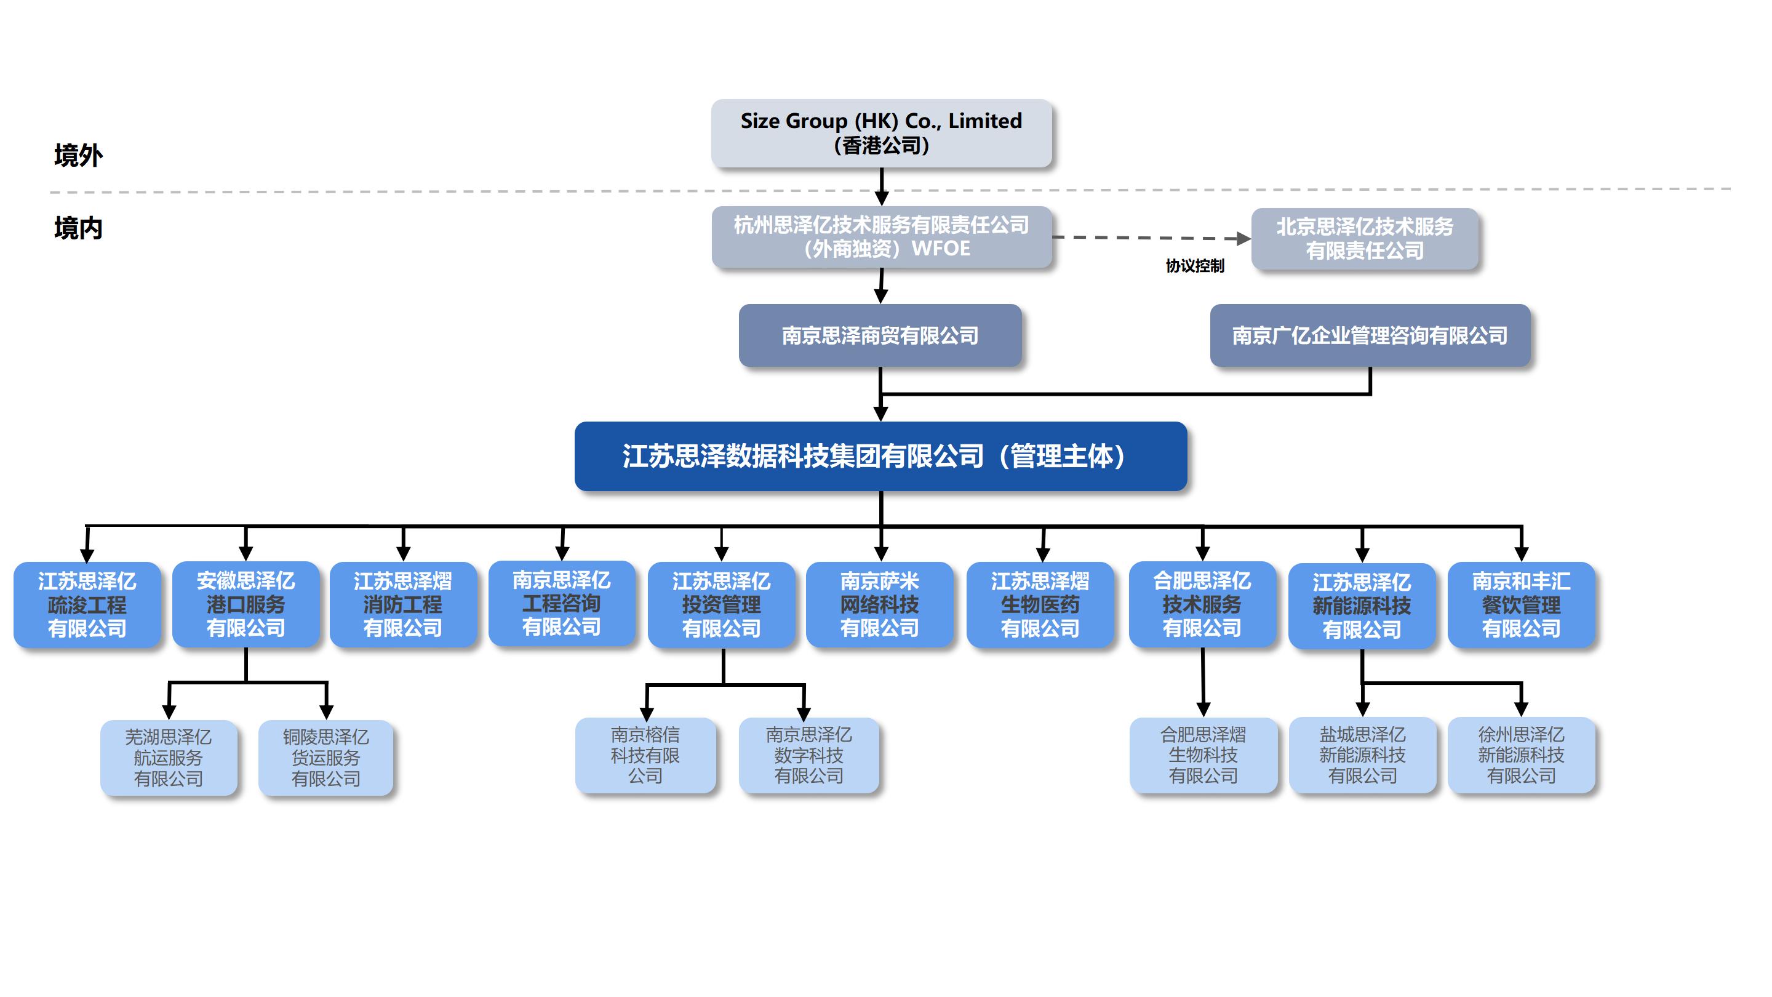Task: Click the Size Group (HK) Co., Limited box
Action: click(x=881, y=133)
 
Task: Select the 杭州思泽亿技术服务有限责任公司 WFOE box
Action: click(x=881, y=237)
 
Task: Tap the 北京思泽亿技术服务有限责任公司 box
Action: click(x=1364, y=238)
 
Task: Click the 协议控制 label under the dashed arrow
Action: click(x=1195, y=266)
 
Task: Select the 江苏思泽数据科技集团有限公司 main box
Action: click(x=880, y=456)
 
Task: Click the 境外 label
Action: click(x=78, y=156)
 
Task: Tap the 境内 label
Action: click(x=78, y=228)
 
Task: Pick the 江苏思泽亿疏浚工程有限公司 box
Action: click(x=87, y=605)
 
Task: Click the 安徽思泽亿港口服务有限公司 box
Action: click(x=245, y=605)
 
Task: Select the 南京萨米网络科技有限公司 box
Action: click(x=880, y=605)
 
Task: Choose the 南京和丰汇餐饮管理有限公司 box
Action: click(x=1521, y=605)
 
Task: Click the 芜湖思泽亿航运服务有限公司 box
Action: click(x=169, y=758)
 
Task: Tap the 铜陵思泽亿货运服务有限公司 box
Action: click(x=326, y=758)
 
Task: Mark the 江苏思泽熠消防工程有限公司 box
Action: click(x=403, y=605)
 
